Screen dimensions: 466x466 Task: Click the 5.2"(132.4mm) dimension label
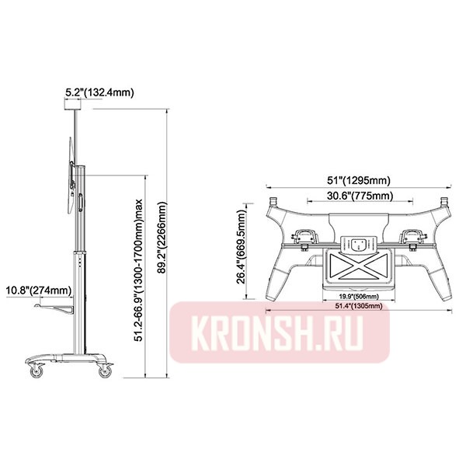(99, 92)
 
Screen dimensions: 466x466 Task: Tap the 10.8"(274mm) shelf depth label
(39, 290)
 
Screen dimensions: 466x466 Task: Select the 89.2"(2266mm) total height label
(162, 242)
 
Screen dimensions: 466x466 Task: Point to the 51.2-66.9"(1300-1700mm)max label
(138, 270)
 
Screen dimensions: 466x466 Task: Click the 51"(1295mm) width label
(358, 180)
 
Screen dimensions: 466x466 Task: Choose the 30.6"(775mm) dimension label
(360, 196)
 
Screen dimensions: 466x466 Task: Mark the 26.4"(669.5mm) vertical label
(242, 247)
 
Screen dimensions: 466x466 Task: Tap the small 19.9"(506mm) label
(359, 297)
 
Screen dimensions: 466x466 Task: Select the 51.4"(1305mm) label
(359, 306)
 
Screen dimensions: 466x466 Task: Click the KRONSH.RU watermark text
(278, 332)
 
